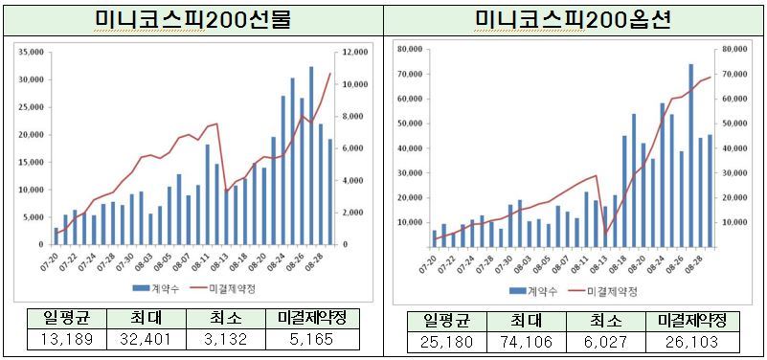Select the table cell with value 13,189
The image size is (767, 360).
(59, 338)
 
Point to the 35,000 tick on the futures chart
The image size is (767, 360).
(31, 52)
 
